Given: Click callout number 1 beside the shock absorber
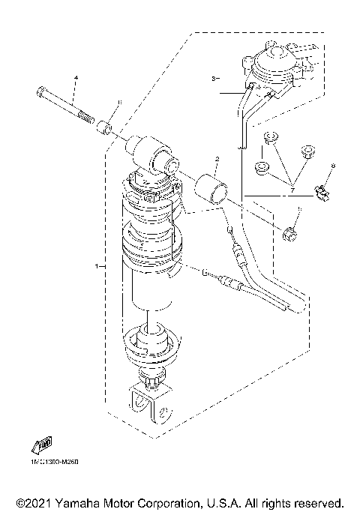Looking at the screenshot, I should pos(96,265).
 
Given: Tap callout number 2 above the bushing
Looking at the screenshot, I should pos(217,160).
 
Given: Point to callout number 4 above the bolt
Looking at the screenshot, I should pos(76,78).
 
